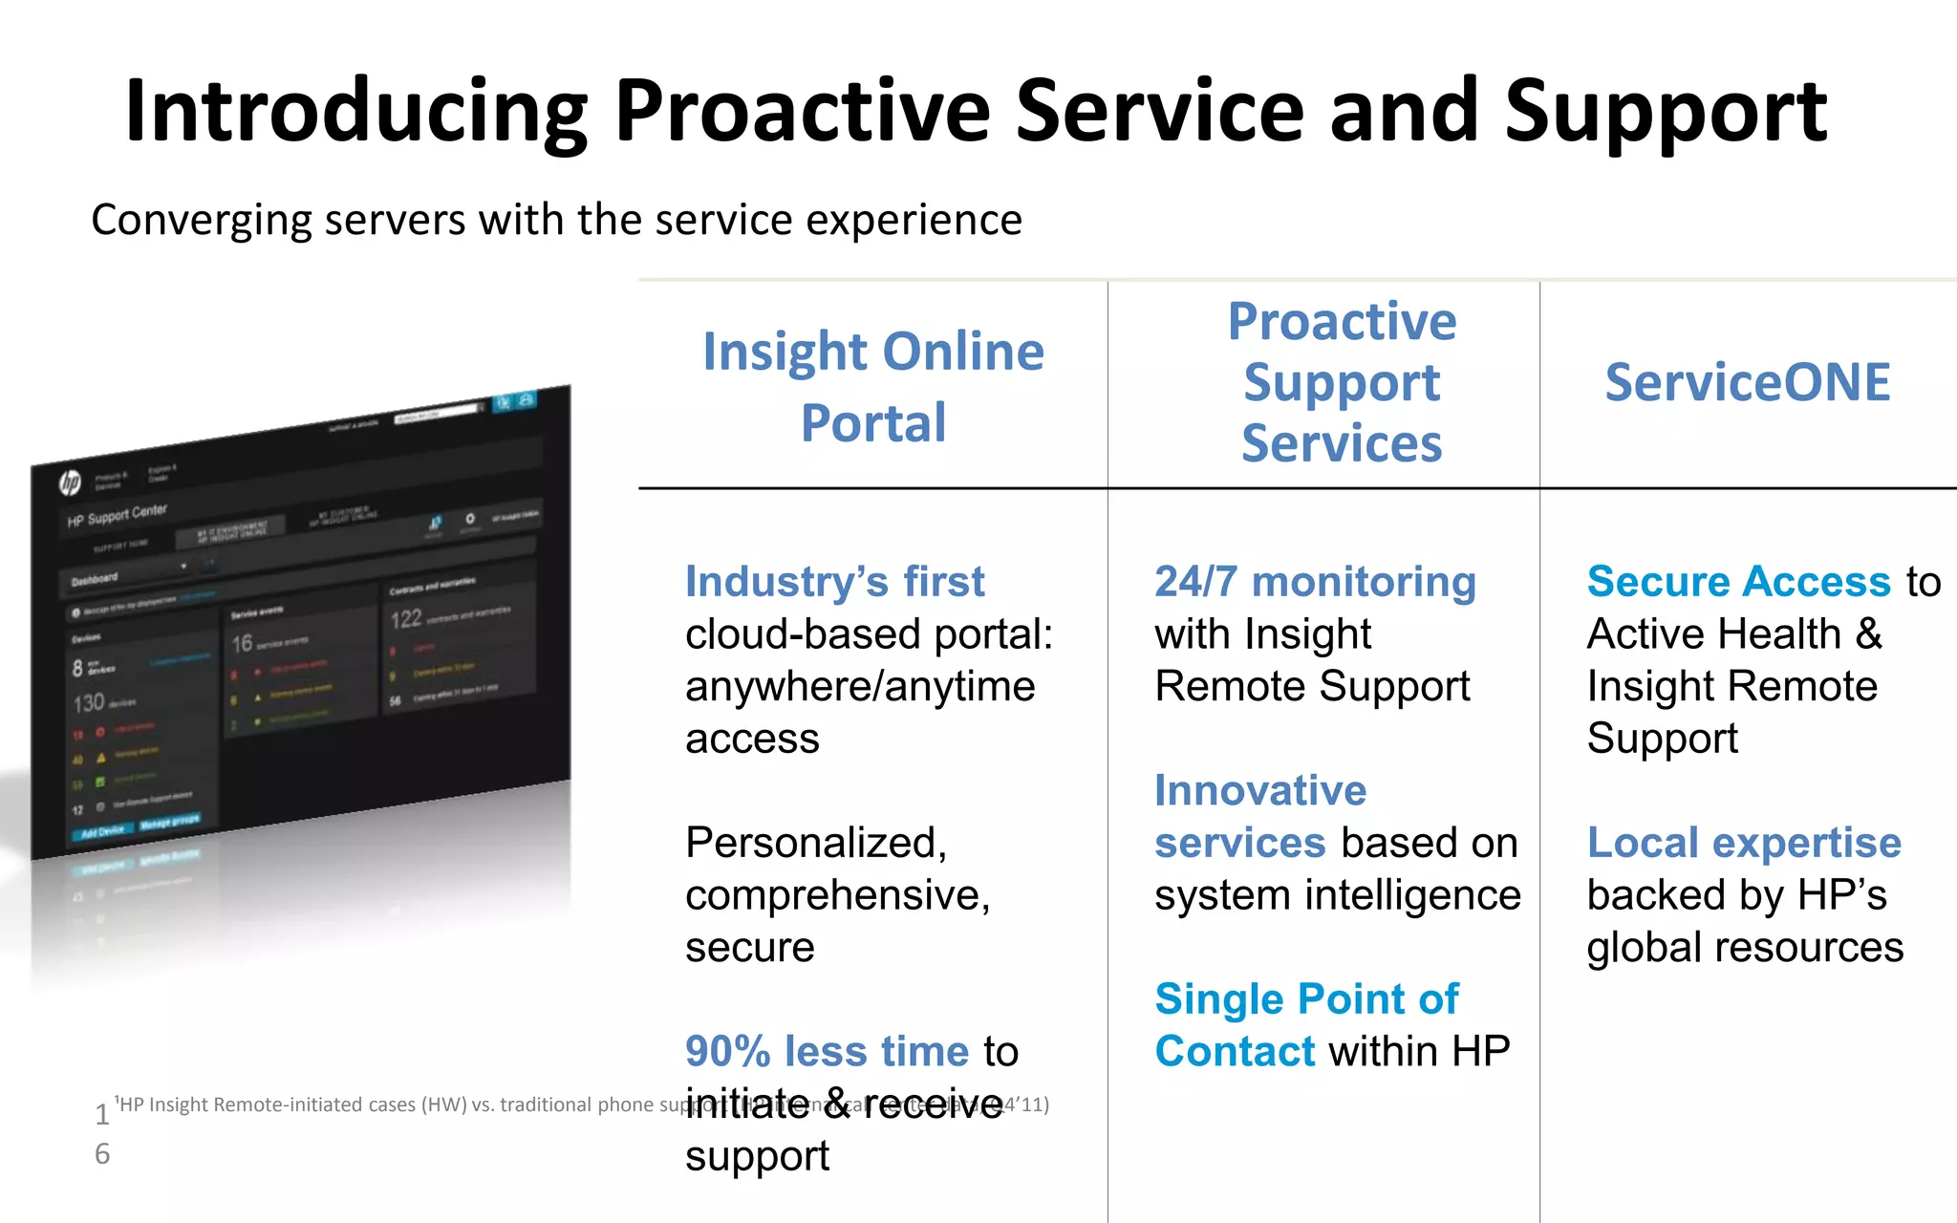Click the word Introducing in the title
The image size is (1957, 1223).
coord(355,113)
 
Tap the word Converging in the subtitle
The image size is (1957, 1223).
coord(201,222)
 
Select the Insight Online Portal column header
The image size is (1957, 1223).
coord(872,386)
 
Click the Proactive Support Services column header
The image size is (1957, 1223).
coord(1341,382)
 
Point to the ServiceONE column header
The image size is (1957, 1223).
coord(1747,382)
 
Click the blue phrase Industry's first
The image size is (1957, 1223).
coord(834,582)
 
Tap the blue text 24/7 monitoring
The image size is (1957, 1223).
coord(1315,582)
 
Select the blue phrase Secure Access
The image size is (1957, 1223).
coord(1738,582)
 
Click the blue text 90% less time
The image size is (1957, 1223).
coord(827,1052)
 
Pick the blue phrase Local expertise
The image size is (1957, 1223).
coord(1744,843)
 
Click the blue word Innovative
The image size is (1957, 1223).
coord(1260,791)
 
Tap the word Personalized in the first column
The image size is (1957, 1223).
coord(815,843)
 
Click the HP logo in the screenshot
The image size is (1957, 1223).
coord(71,483)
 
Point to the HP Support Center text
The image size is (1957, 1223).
coord(117,516)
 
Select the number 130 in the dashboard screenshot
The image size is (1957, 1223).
coord(90,703)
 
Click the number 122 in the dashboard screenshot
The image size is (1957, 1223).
coord(406,619)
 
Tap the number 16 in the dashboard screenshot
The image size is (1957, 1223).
coord(243,644)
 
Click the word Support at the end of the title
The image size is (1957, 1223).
coord(1665,113)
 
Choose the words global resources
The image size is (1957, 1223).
coord(1745,948)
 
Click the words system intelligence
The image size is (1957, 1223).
coord(1337,896)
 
